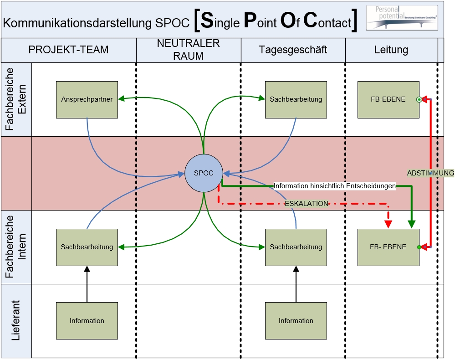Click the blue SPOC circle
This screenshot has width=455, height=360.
click(203, 173)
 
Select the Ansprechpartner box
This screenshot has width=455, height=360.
click(87, 99)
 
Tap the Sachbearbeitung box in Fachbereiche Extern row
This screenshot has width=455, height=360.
click(296, 99)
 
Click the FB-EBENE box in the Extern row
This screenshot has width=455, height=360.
click(388, 99)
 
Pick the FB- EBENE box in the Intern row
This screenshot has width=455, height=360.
click(388, 247)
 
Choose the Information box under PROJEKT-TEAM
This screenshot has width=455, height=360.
click(87, 321)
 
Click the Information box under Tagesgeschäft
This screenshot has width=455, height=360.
click(296, 321)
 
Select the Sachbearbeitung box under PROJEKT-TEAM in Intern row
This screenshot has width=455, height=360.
click(87, 247)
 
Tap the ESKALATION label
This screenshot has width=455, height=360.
click(307, 204)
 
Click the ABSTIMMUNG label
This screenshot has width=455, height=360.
click(430, 173)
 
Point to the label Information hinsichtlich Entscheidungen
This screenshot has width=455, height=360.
click(334, 186)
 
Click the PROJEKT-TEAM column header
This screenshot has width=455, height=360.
click(68, 50)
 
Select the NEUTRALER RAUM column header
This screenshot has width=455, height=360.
click(188, 50)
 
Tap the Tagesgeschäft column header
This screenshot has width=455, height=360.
click(293, 50)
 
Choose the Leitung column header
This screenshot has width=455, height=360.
click(391, 50)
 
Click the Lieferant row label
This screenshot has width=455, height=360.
click(16, 321)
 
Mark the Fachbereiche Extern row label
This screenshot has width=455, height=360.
click(16, 99)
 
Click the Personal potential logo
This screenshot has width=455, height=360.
click(402, 18)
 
